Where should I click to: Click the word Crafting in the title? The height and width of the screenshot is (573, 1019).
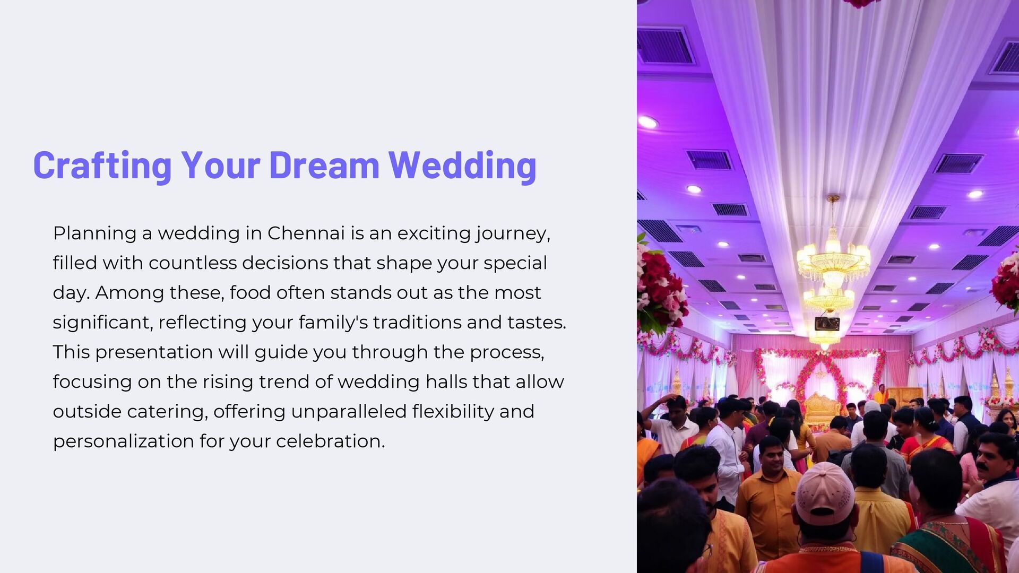click(x=102, y=165)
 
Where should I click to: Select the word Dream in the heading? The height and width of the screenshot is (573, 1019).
click(x=324, y=165)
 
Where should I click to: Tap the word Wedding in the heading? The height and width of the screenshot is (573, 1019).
click(x=462, y=165)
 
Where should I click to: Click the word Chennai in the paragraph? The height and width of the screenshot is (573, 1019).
click(x=306, y=233)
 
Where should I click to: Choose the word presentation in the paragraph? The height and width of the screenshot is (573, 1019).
click(x=154, y=352)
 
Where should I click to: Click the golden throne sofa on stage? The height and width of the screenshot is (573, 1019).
click(x=822, y=408)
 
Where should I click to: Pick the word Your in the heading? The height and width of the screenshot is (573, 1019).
click(x=220, y=165)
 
